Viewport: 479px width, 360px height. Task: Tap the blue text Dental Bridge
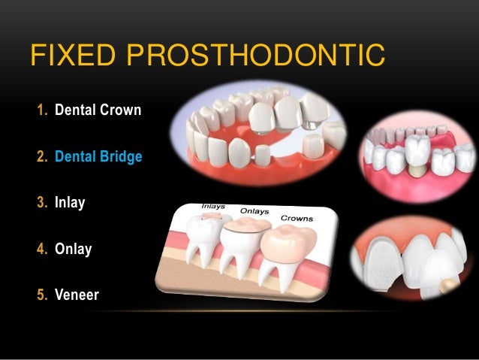pos(98,158)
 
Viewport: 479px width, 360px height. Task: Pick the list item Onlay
pos(73,249)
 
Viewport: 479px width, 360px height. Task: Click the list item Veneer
pos(77,295)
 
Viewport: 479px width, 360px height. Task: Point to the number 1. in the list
pos(41,111)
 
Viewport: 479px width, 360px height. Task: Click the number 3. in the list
pos(41,203)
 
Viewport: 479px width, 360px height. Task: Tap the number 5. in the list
pos(41,295)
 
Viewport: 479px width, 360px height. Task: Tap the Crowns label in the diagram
pos(297,219)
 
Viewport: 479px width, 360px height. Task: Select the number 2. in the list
pos(41,158)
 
